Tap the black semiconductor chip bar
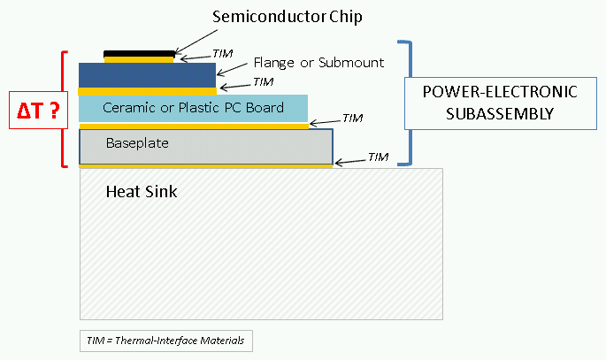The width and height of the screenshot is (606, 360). (x=139, y=54)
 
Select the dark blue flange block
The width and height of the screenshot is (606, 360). (x=147, y=74)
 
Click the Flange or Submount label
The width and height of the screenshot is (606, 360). (x=318, y=62)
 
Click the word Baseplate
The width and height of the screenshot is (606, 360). (x=137, y=142)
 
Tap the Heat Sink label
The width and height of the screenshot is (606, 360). (x=142, y=191)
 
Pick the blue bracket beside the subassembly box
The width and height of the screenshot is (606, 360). (x=409, y=103)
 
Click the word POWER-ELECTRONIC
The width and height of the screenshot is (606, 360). (x=500, y=93)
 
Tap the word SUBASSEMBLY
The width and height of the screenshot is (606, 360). (x=500, y=113)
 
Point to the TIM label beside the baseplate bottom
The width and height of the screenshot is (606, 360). (x=378, y=157)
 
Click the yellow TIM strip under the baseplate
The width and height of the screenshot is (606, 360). (x=205, y=165)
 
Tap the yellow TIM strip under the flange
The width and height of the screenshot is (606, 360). (x=147, y=90)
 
